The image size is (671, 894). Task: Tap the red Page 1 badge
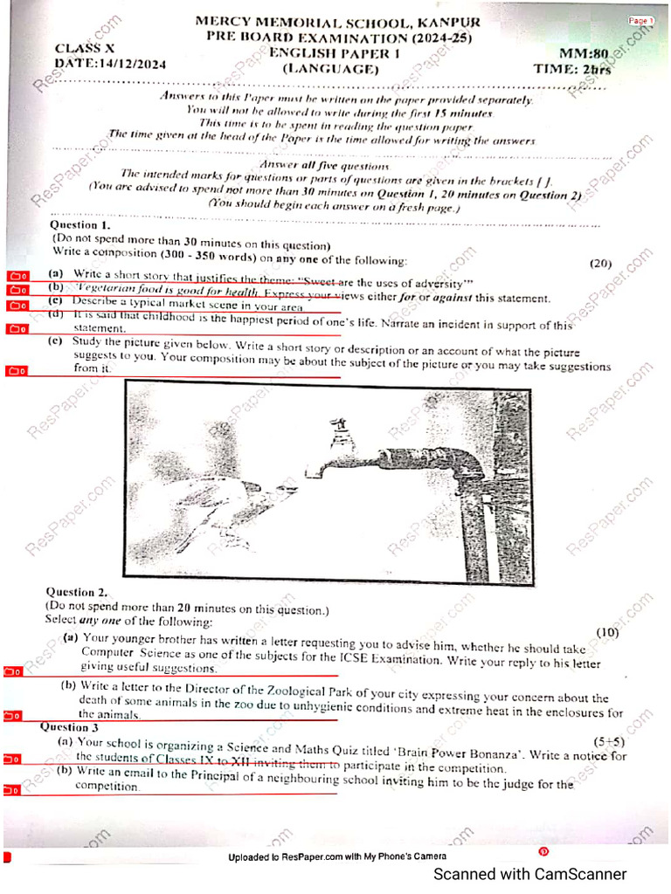pyautogui.click(x=640, y=20)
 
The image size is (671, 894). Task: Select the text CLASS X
pyautogui.click(x=85, y=48)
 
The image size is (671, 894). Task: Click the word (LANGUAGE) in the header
pyautogui.click(x=332, y=68)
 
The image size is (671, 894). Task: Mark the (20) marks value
pyautogui.click(x=600, y=264)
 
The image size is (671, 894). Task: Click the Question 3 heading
pyautogui.click(x=70, y=726)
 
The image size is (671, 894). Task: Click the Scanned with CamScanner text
pyautogui.click(x=530, y=874)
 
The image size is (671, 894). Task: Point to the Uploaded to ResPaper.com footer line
pyautogui.click(x=337, y=857)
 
